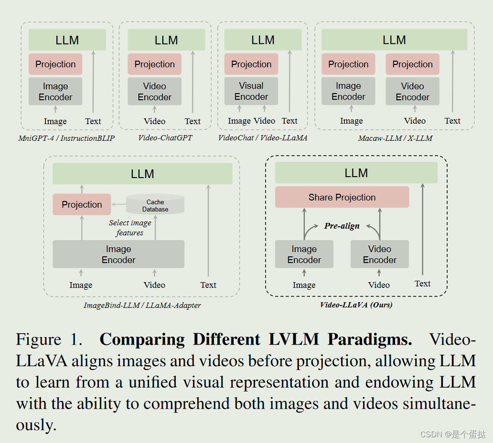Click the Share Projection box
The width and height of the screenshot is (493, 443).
tap(342, 197)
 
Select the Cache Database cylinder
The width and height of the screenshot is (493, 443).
tap(155, 205)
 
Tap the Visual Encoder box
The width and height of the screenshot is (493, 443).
tap(251, 91)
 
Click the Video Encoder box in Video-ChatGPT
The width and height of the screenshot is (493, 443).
tap(155, 92)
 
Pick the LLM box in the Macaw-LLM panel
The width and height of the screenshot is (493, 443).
tap(394, 40)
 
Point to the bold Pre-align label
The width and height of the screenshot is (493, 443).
tap(342, 226)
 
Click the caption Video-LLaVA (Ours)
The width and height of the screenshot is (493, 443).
tap(356, 305)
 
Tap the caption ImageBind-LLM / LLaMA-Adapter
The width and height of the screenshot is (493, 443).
tap(142, 305)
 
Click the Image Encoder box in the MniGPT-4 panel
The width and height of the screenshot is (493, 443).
tap(55, 92)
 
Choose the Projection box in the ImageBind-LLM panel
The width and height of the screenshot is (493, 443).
tap(82, 204)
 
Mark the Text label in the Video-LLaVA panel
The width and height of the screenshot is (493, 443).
tap(423, 284)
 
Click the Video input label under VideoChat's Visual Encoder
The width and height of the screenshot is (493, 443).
tap(264, 121)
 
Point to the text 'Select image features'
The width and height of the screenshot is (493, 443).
tap(129, 228)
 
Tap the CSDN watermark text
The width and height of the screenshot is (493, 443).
tap(452, 434)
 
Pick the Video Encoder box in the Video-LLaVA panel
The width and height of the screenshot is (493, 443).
tap(380, 254)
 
